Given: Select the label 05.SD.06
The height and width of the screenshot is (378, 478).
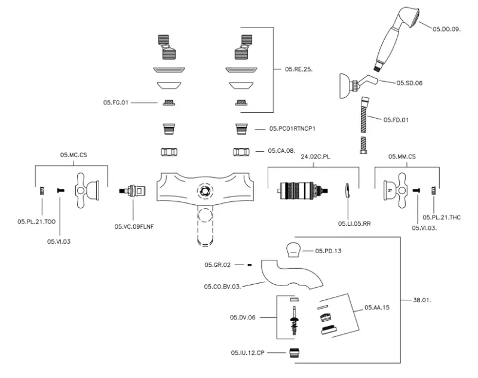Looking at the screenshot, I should [409, 82].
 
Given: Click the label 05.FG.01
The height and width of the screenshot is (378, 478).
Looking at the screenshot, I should [115, 103].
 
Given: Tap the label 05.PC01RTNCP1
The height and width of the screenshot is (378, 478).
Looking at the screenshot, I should [292, 128].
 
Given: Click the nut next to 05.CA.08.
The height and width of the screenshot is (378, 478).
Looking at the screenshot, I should [241, 152].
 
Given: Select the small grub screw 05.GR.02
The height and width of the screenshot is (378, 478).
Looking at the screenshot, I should [249, 264].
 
